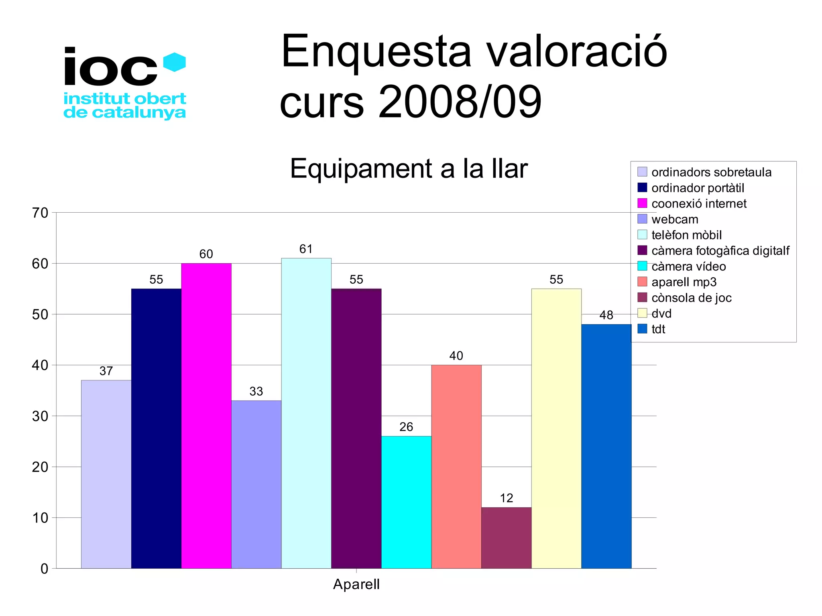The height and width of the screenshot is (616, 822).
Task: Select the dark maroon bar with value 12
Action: point(506,538)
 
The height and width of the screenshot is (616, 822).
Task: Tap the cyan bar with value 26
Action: point(406,502)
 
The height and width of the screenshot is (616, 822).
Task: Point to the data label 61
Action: point(306,249)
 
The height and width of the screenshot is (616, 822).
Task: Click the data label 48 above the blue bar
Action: point(606,315)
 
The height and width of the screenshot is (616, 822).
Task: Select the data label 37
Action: point(106,371)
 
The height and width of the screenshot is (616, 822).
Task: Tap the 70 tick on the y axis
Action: point(40,213)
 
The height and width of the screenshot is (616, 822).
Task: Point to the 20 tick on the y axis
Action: point(40,467)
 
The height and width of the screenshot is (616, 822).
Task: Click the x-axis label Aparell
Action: point(356,584)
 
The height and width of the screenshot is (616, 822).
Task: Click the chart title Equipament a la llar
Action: point(408,169)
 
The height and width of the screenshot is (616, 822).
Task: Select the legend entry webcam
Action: point(675,220)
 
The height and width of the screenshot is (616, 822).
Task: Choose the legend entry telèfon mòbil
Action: point(686,235)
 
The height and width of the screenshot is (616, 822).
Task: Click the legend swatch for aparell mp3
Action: point(642,282)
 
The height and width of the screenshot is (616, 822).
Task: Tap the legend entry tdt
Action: point(658,329)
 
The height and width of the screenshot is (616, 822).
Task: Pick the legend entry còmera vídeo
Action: point(688,266)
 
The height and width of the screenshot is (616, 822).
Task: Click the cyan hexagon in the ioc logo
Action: point(175,62)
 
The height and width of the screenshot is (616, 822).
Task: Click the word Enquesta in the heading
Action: point(376,52)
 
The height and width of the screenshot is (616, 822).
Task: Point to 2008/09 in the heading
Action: point(460,102)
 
